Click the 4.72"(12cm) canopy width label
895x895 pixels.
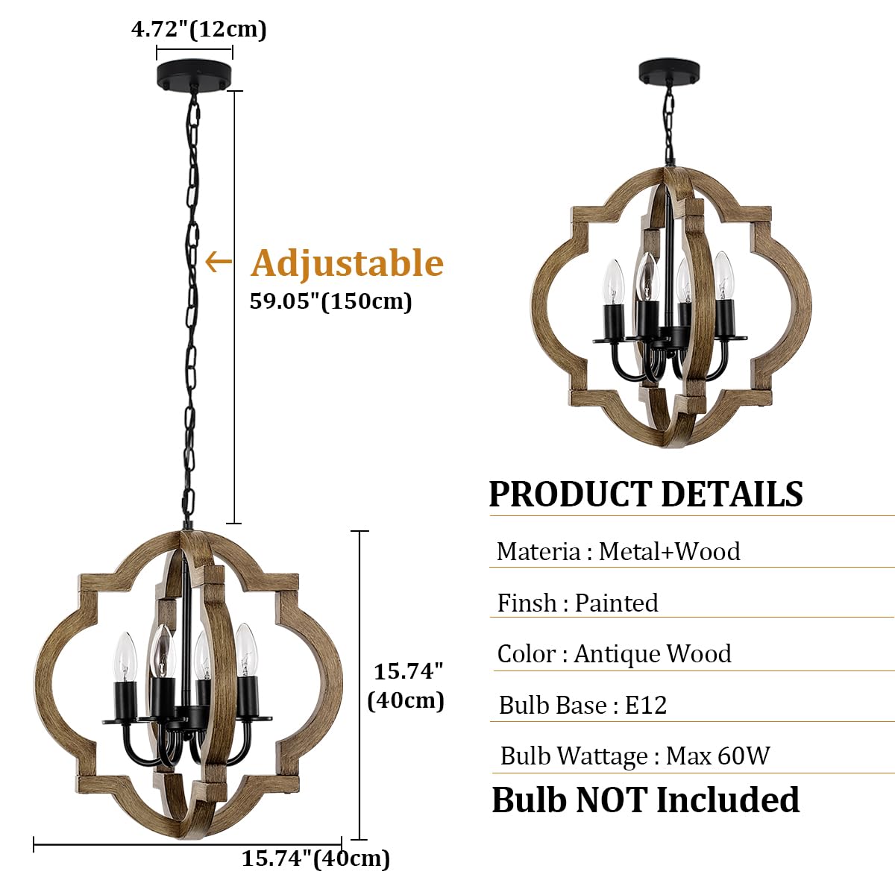pyautogui.click(x=198, y=29)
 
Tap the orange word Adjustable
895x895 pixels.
pyautogui.click(x=347, y=263)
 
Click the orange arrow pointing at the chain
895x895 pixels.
pyautogui.click(x=218, y=262)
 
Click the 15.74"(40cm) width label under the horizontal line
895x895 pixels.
pyautogui.click(x=315, y=858)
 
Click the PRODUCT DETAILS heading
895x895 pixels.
pyautogui.click(x=646, y=494)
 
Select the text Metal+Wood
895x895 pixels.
pyautogui.click(x=669, y=551)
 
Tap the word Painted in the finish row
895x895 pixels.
pyautogui.click(x=616, y=603)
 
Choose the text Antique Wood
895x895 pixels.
pyautogui.click(x=653, y=653)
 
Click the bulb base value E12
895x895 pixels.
pyautogui.click(x=645, y=705)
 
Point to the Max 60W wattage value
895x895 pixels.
pyautogui.click(x=717, y=756)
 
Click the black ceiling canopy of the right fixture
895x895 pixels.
pyautogui.click(x=669, y=72)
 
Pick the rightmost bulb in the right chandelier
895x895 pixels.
pyautogui.click(x=722, y=277)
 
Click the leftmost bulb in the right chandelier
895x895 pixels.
pyautogui.click(x=613, y=283)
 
